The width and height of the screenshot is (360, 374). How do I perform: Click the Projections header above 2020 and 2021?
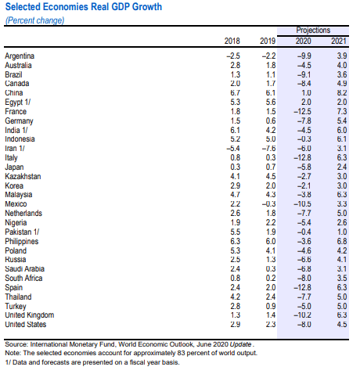pyautogui.click(x=313, y=31)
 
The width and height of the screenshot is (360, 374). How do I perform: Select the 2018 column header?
pyautogui.click(x=232, y=41)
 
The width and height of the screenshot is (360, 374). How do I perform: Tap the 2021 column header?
pyautogui.click(x=339, y=41)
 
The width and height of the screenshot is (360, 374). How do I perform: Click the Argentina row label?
pyautogui.click(x=20, y=56)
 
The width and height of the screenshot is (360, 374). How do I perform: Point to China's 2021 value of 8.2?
pyautogui.click(x=341, y=93)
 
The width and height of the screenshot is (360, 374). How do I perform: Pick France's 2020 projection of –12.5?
pyautogui.click(x=302, y=112)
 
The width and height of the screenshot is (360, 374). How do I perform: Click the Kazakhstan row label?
pyautogui.click(x=23, y=176)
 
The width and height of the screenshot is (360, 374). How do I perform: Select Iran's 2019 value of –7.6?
pyautogui.click(x=268, y=149)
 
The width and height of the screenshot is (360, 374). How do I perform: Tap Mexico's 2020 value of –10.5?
pyautogui.click(x=302, y=204)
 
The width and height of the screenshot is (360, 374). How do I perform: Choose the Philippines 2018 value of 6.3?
pyautogui.click(x=235, y=241)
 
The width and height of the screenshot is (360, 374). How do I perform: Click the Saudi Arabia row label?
pyautogui.click(x=24, y=269)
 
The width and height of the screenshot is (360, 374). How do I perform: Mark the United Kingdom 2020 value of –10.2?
pyautogui.click(x=302, y=315)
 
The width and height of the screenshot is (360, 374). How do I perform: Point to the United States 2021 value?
pyautogui.click(x=341, y=325)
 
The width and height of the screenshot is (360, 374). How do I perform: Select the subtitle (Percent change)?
pyautogui.click(x=34, y=20)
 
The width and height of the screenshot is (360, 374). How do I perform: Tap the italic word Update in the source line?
pyautogui.click(x=240, y=344)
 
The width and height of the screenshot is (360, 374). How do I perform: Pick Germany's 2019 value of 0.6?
pyautogui.click(x=271, y=121)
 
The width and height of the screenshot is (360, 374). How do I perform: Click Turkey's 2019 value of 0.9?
pyautogui.click(x=271, y=306)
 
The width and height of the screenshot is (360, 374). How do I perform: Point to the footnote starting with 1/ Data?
pyautogui.click(x=92, y=362)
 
